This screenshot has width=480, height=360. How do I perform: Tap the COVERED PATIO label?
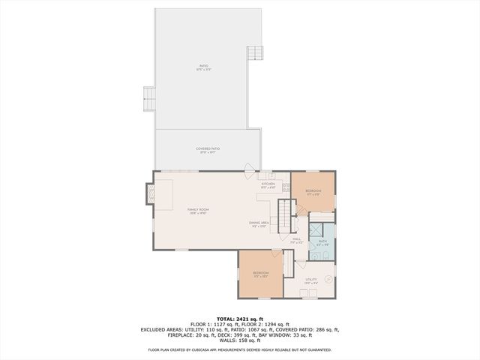[x=208, y=150]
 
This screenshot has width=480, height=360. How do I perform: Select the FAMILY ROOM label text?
[x=198, y=211]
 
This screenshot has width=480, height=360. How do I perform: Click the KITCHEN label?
[x=268, y=184]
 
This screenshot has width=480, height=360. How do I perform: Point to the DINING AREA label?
[x=259, y=224]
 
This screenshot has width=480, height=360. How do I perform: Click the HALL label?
[x=296, y=240]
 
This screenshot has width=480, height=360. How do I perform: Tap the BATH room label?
[x=322, y=242]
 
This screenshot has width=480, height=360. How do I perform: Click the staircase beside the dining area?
[x=286, y=217]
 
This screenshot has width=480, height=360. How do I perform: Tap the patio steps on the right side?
[x=256, y=54]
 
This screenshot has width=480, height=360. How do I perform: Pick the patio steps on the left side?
[x=148, y=97]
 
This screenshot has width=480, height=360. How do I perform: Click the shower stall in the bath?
[x=318, y=230]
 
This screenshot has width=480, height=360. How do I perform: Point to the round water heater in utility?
[x=328, y=278]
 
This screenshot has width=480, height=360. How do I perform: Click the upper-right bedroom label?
[x=313, y=193]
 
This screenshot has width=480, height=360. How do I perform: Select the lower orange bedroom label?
[x=260, y=274]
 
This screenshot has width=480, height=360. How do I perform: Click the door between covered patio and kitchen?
[x=250, y=169]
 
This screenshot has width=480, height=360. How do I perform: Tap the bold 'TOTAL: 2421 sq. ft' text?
[x=239, y=319]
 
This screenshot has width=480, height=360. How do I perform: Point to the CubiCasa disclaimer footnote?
[x=239, y=349]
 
